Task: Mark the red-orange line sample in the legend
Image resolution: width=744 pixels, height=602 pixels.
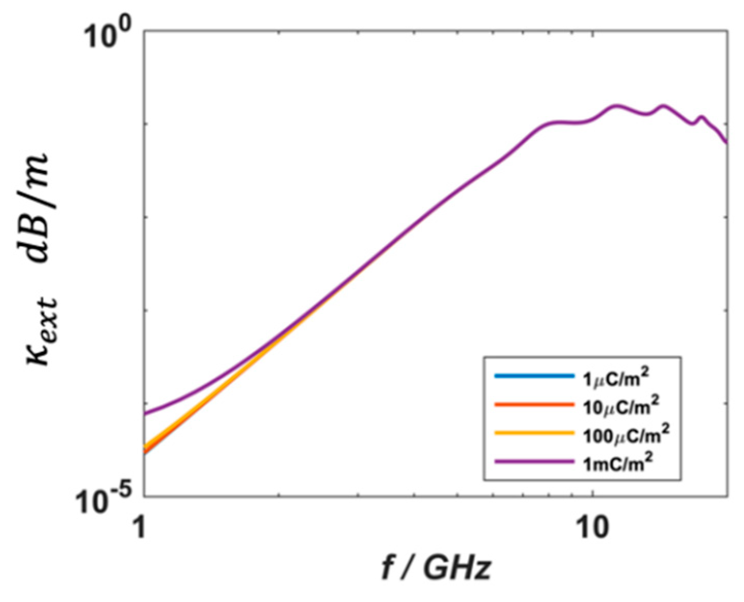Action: pyautogui.click(x=534, y=404)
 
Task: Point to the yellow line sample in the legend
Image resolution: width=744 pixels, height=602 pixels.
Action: pyautogui.click(x=534, y=433)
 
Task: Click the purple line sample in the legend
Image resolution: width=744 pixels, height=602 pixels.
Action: pyautogui.click(x=534, y=462)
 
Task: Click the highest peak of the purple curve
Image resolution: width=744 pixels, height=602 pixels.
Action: pyautogui.click(x=617, y=106)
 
